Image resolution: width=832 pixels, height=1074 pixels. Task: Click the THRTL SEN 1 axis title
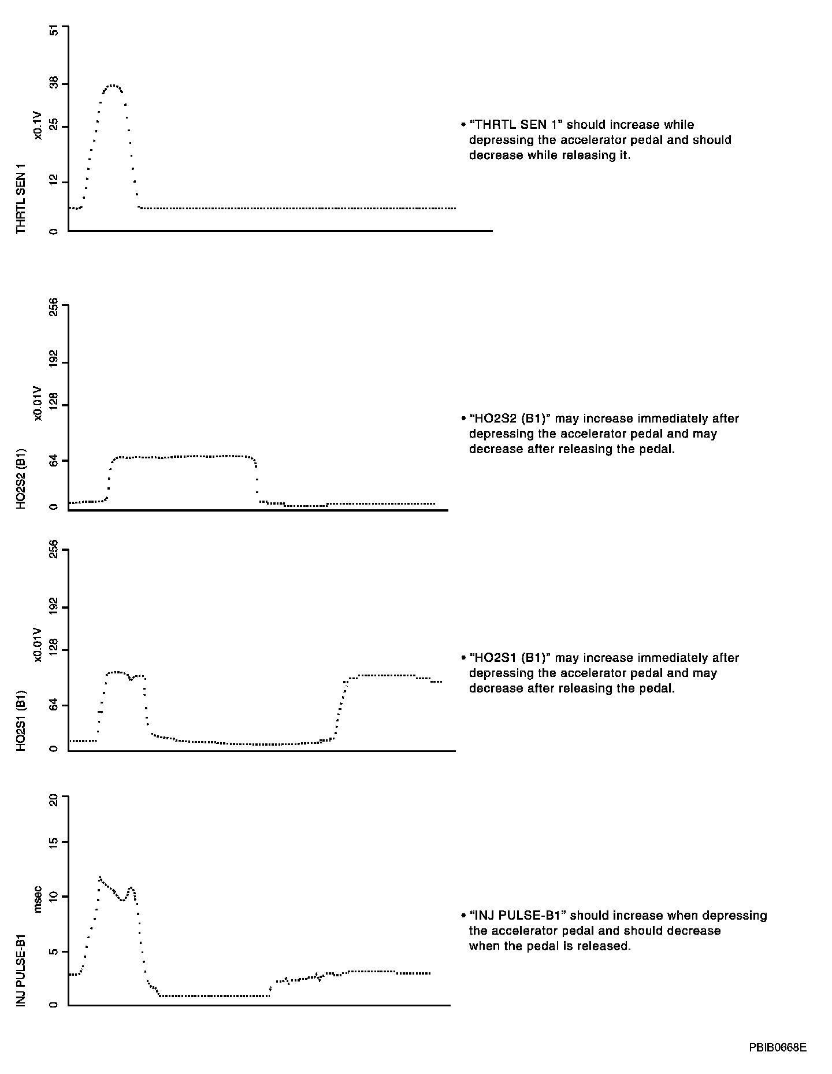pyautogui.click(x=21, y=198)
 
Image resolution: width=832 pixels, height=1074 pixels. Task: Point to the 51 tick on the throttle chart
pyautogui.click(x=54, y=31)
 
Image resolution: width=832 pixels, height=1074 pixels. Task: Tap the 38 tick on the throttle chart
pyautogui.click(x=54, y=84)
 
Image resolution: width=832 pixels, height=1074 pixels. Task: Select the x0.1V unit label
pyautogui.click(x=38, y=126)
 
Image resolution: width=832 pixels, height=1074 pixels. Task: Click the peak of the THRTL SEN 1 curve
pyautogui.click(x=113, y=85)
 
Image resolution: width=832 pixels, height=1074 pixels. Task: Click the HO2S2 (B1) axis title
pyautogui.click(x=21, y=477)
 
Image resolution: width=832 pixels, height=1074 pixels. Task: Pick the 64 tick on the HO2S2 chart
pyautogui.click(x=54, y=460)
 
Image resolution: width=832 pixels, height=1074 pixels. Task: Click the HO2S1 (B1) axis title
pyautogui.click(x=21, y=720)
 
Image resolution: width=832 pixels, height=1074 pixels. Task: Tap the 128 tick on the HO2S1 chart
pyautogui.click(x=54, y=650)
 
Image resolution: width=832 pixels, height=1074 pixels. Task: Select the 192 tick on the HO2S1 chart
pyautogui.click(x=54, y=608)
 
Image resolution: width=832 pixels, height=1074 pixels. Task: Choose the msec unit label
pyautogui.click(x=38, y=899)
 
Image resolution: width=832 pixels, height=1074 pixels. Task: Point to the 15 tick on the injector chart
pyautogui.click(x=54, y=842)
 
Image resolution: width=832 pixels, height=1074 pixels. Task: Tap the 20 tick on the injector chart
pyautogui.click(x=54, y=800)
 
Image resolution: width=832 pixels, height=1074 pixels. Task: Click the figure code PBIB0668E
pyautogui.click(x=777, y=1047)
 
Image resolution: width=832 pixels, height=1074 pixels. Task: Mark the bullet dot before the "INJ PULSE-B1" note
pyautogui.click(x=463, y=916)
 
